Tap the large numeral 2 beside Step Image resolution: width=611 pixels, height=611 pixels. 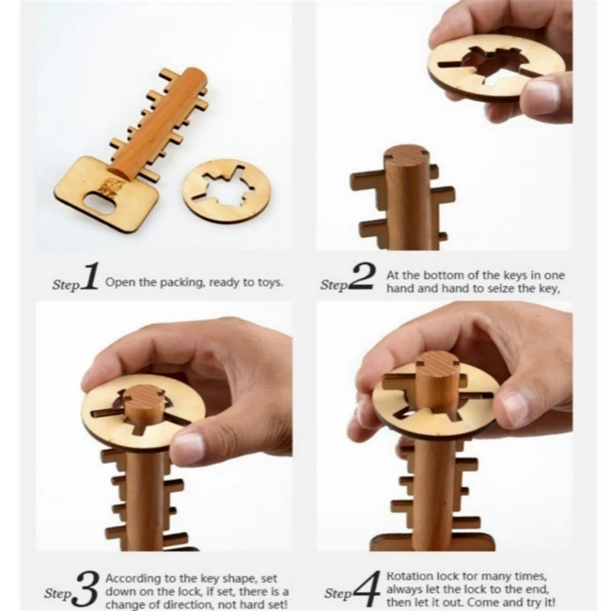tap(360, 279)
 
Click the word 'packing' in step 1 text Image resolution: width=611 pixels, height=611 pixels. tap(163, 282)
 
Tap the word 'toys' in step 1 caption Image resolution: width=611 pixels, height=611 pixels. tap(269, 282)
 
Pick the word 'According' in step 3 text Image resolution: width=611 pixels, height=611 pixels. tap(132, 577)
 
